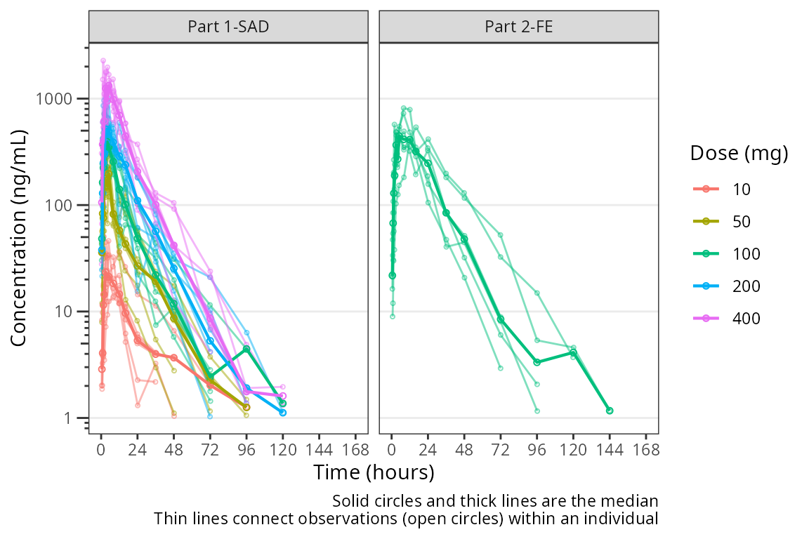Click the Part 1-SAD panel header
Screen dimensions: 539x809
[228, 27]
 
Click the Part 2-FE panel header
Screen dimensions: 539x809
[518, 27]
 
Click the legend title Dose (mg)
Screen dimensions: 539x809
[738, 153]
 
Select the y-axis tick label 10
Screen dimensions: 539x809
[66, 312]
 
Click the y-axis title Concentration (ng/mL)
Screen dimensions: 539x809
[19, 237]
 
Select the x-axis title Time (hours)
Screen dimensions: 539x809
[374, 472]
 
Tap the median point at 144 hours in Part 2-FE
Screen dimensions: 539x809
[610, 411]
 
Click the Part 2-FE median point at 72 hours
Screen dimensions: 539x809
[501, 319]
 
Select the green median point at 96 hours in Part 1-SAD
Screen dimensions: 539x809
[246, 349]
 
